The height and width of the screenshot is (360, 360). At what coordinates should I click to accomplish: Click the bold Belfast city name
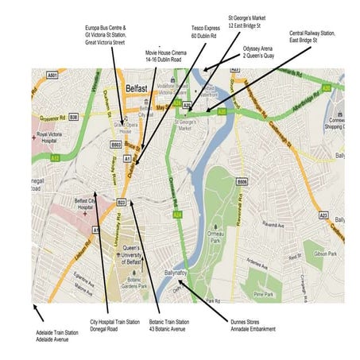137,82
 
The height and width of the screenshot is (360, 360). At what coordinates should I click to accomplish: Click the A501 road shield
52,75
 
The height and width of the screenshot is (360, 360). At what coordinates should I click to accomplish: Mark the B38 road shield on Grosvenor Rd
72,117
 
